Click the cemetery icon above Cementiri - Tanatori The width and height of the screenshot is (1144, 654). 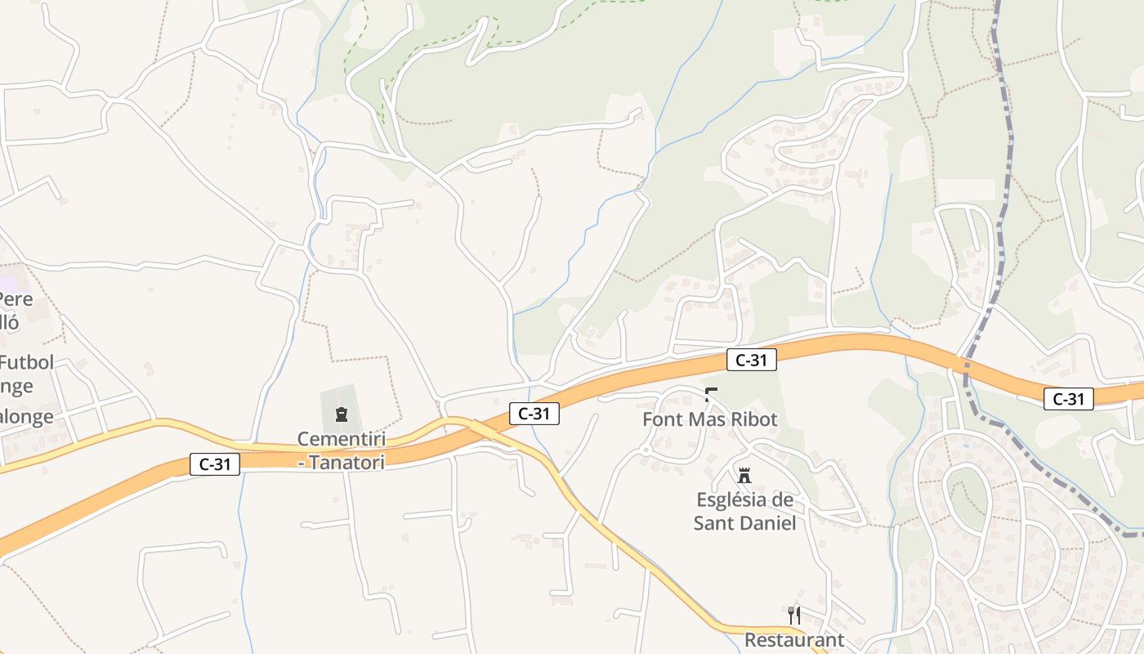(341, 414)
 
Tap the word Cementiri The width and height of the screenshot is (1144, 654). (342, 440)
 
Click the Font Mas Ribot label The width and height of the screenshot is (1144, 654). (710, 419)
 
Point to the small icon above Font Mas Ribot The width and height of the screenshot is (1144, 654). (711, 395)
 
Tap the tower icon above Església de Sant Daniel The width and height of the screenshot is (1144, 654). (744, 475)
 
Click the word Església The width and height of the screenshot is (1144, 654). (734, 499)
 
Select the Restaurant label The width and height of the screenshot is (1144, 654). (793, 639)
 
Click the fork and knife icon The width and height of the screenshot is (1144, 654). (793, 615)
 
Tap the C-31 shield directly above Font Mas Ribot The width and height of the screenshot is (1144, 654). (751, 359)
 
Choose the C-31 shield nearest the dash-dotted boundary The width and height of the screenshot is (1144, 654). (1068, 399)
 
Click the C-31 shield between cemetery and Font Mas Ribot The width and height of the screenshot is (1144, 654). (534, 414)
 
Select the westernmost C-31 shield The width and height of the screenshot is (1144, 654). (215, 464)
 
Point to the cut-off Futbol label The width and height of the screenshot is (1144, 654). (27, 362)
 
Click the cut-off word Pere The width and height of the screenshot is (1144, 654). (16, 298)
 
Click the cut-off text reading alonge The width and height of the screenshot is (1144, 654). (26, 417)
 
